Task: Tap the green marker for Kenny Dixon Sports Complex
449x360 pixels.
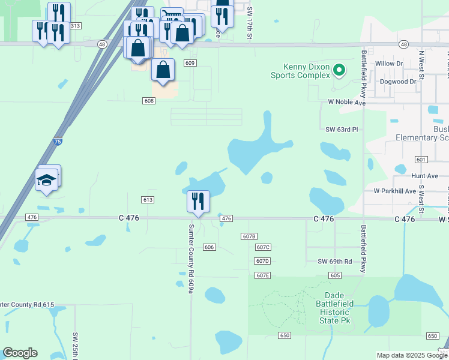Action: coord(339,70)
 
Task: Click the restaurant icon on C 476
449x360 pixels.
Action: coord(198,201)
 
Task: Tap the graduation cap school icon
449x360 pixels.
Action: coord(46,179)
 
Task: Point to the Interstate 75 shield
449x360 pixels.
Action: coord(57,142)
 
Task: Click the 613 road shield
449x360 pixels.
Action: coord(148,199)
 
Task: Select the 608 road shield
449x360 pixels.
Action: coord(149,101)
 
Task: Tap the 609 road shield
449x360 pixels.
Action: coord(190,63)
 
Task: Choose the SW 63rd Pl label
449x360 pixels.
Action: coord(342,129)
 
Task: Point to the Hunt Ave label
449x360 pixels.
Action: coord(424,176)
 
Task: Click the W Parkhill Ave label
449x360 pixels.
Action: coord(394,191)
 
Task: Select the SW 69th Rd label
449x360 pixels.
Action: coord(334,262)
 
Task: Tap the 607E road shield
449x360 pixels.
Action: coord(262,275)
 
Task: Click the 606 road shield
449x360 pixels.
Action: coord(209,247)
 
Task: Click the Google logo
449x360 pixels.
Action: coord(20,353)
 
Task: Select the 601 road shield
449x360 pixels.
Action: coord(420,159)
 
